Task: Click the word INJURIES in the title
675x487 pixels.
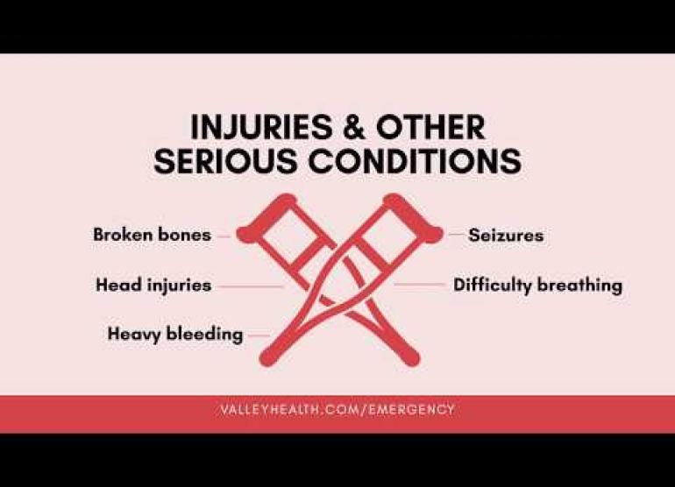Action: (261, 127)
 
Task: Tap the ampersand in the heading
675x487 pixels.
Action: (354, 127)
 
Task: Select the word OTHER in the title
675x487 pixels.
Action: (430, 127)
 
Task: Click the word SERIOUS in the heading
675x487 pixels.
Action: (225, 161)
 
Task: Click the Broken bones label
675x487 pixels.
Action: (152, 235)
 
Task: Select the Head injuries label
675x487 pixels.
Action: (153, 286)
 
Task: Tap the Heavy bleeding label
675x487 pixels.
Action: (175, 335)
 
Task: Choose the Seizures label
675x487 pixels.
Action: (506, 236)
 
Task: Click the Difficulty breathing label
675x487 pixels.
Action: (537, 286)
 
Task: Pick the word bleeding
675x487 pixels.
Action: (204, 335)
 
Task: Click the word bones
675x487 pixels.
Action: (185, 235)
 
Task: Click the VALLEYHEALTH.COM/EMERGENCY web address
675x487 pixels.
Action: (337, 409)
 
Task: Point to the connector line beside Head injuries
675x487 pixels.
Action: (251, 286)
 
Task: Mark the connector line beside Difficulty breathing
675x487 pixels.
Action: (419, 284)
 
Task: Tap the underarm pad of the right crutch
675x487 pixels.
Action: (412, 216)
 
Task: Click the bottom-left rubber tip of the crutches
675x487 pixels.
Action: (269, 356)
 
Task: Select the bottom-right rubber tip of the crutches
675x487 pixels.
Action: (410, 356)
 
